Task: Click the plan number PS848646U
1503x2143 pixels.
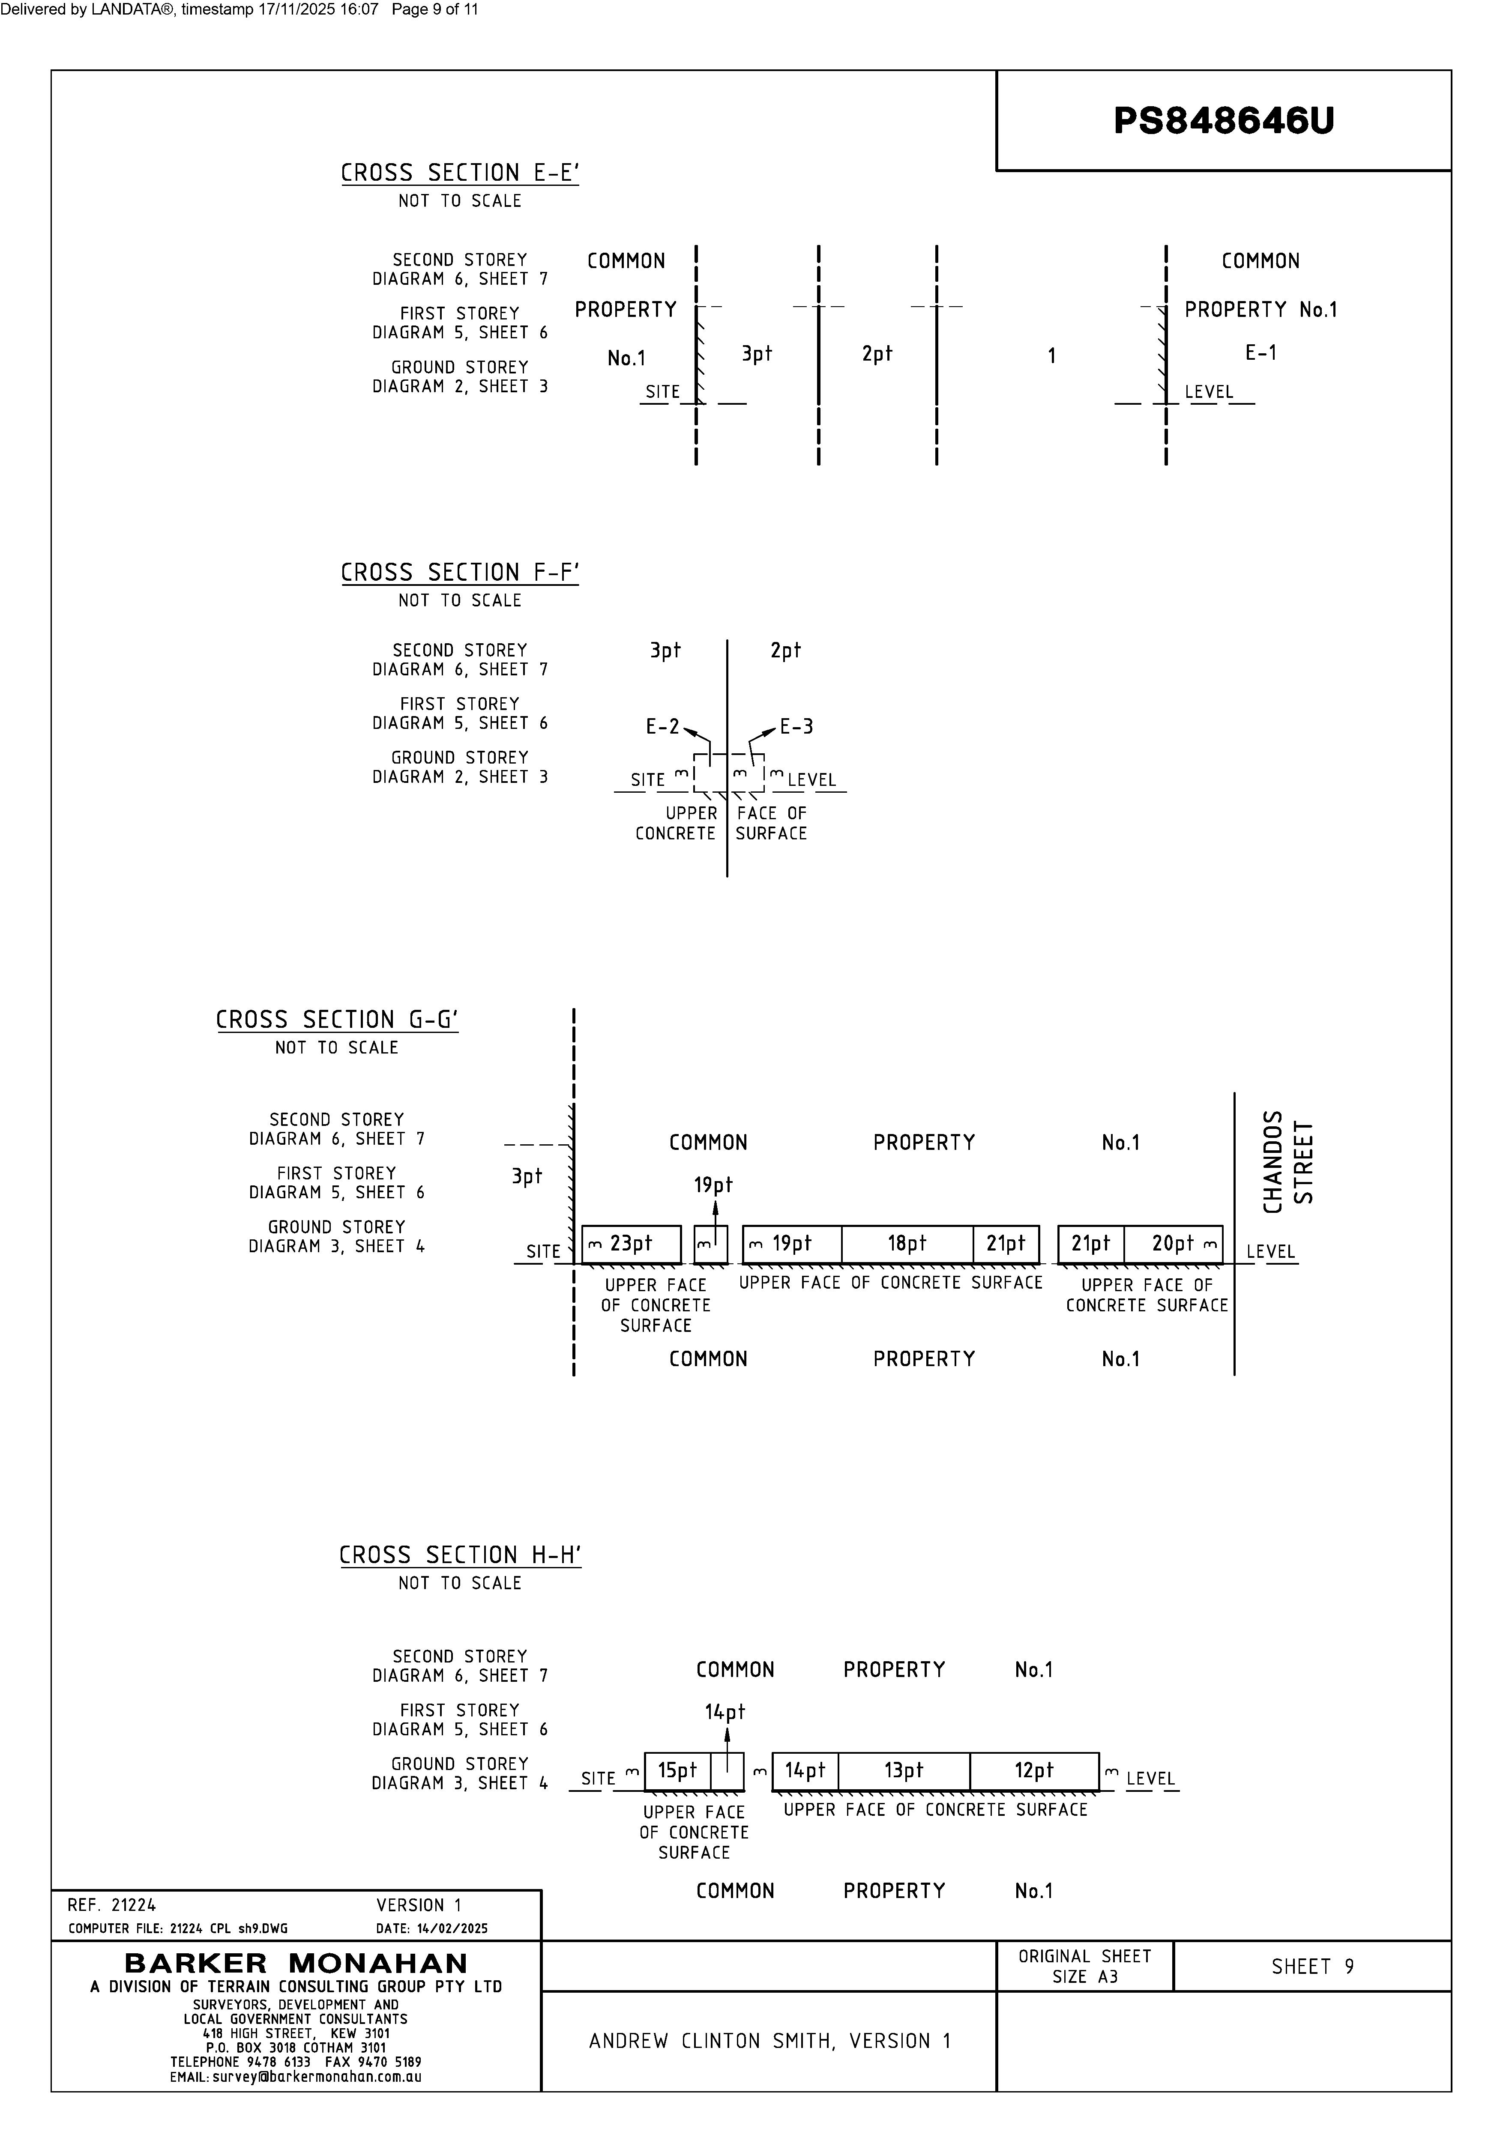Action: pyautogui.click(x=1223, y=120)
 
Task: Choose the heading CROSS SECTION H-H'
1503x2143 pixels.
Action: pyautogui.click(x=459, y=1555)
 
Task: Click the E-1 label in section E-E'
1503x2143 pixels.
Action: pyautogui.click(x=1260, y=353)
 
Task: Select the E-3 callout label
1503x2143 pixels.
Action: pyautogui.click(x=796, y=726)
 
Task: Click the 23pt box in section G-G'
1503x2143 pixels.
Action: pyautogui.click(x=631, y=1244)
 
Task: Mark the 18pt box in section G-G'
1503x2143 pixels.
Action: pyautogui.click(x=907, y=1244)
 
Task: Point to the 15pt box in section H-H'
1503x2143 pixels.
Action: pyautogui.click(x=677, y=1770)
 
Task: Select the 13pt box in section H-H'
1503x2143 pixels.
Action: pyautogui.click(x=904, y=1770)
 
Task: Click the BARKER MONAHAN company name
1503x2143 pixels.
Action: pyautogui.click(x=296, y=1964)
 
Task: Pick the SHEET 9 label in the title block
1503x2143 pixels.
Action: pyautogui.click(x=1311, y=1967)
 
